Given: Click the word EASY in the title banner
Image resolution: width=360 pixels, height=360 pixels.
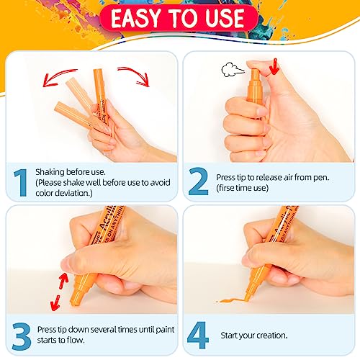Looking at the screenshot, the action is [135, 18].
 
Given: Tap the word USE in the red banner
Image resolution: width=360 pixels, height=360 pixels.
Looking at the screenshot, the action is [225, 18].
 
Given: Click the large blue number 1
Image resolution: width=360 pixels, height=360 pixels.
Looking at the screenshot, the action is [21, 183].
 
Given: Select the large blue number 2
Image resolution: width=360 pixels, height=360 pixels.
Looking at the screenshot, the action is [199, 181].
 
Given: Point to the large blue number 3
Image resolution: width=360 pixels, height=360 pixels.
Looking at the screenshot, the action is [22, 336].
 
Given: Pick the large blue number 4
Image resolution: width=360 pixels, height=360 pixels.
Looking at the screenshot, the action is [198, 336].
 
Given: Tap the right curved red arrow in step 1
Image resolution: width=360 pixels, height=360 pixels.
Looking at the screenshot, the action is [135, 75].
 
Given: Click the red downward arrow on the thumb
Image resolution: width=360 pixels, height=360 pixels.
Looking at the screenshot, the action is [274, 66].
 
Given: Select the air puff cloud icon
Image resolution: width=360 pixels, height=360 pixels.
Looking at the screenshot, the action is [232, 70].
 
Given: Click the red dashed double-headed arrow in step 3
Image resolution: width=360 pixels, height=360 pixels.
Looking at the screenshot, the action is [59, 292].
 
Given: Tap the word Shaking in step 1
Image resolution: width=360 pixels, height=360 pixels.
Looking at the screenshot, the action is [50, 172].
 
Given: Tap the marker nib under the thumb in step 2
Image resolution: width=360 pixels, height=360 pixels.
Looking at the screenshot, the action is [256, 73].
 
